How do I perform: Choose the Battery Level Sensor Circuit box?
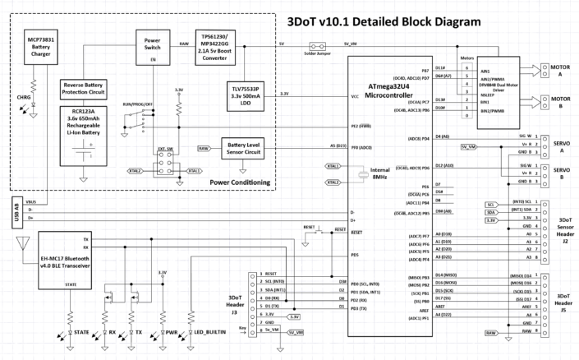(x=246, y=148)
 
